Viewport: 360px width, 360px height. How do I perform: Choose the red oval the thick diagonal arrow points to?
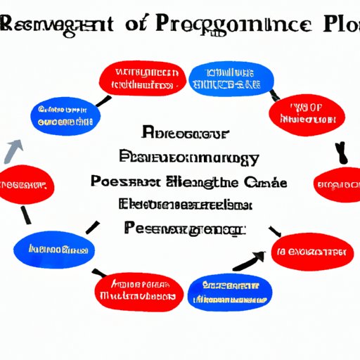pyautogui.click(x=311, y=251)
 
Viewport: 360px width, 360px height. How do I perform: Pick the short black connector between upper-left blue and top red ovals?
pyautogui.click(x=103, y=101)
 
